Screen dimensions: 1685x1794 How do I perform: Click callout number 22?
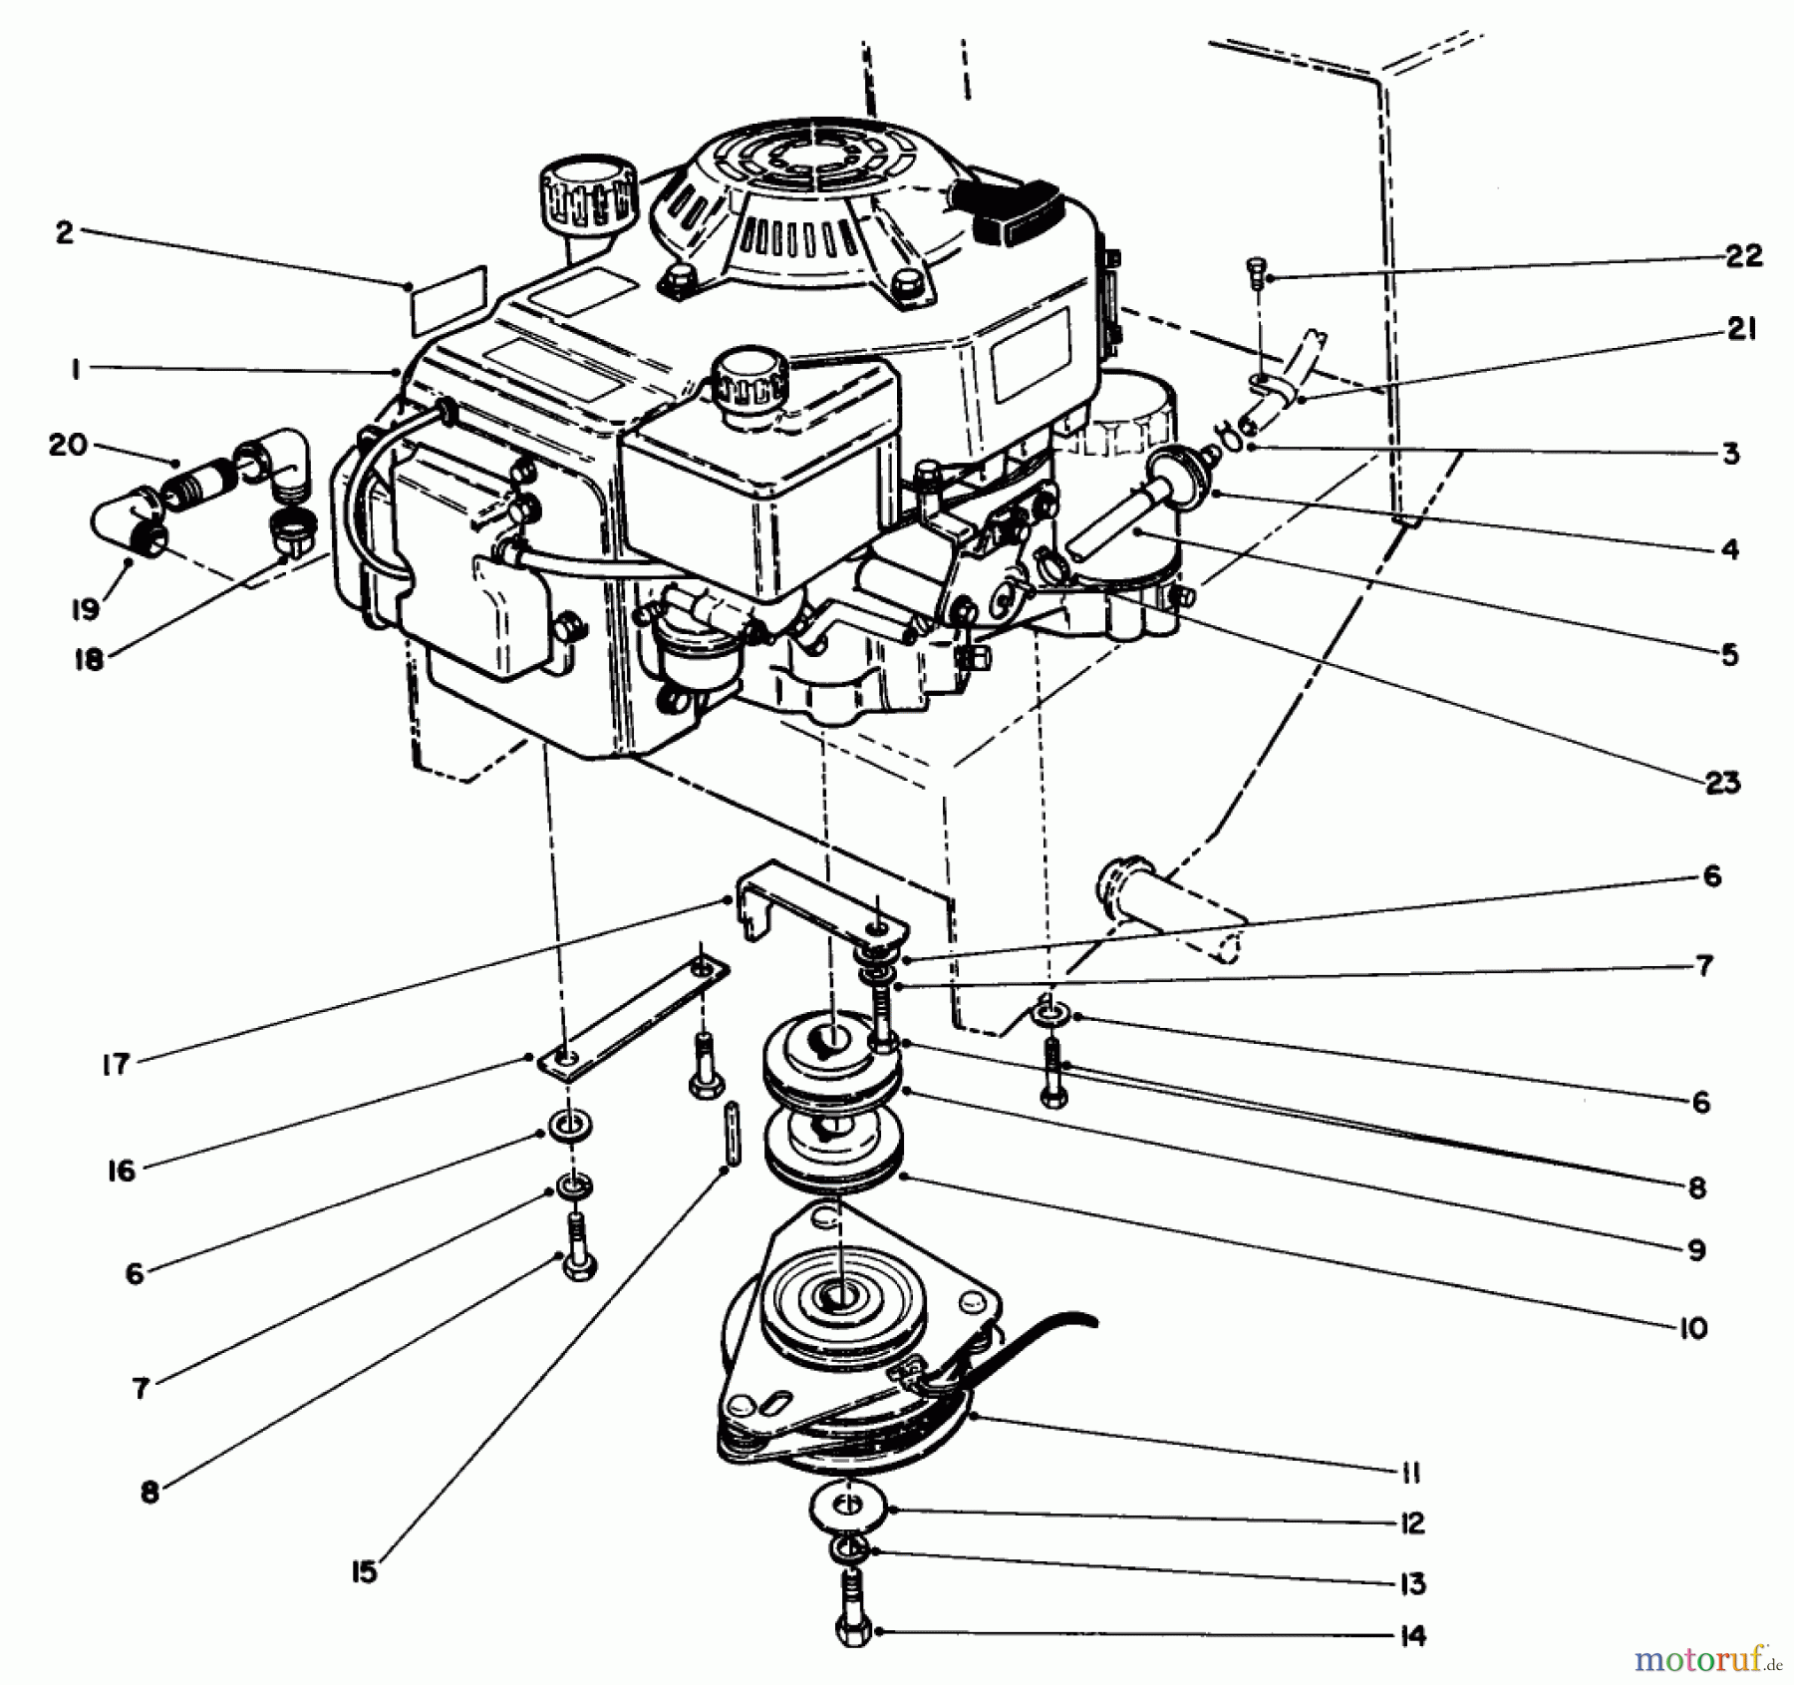(1741, 256)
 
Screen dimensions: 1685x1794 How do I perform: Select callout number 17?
(117, 1064)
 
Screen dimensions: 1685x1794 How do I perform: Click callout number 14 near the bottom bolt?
(1412, 1635)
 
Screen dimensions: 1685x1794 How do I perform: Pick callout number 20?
(67, 446)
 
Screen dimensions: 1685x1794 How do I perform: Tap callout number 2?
(65, 234)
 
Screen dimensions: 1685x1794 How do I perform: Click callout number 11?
(1410, 1473)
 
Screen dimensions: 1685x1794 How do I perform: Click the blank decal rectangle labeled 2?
(448, 298)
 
